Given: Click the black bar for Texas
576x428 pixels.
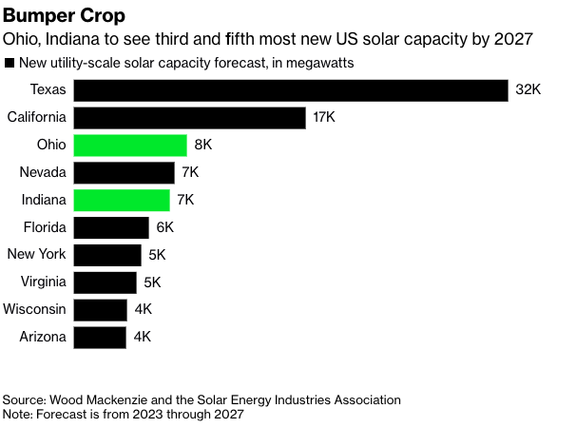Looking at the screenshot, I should pyautogui.click(x=291, y=90).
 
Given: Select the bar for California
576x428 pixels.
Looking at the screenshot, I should pyautogui.click(x=189, y=118).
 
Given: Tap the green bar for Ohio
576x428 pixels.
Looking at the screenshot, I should pyautogui.click(x=130, y=146).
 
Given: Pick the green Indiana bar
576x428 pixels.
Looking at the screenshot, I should pyautogui.click(x=122, y=201).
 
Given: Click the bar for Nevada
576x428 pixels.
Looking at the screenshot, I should pyautogui.click(x=125, y=173).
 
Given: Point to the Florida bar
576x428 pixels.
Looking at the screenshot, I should pyautogui.click(x=111, y=228).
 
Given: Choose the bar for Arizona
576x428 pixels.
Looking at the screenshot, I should pyautogui.click(x=100, y=338).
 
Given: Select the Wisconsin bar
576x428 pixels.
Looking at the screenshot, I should pyautogui.click(x=100, y=310).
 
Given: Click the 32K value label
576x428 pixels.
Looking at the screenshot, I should pyautogui.click(x=528, y=90).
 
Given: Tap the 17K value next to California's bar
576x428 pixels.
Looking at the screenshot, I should pyautogui.click(x=324, y=118).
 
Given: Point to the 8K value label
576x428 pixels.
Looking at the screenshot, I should pyautogui.click(x=202, y=146).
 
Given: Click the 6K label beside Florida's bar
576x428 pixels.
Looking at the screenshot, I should pyautogui.click(x=165, y=228).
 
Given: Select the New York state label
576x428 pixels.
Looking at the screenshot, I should pyautogui.click(x=36, y=255).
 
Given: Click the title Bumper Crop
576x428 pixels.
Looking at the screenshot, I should pyautogui.click(x=63, y=17).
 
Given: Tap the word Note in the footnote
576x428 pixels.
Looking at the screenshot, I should pyautogui.click(x=18, y=415).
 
